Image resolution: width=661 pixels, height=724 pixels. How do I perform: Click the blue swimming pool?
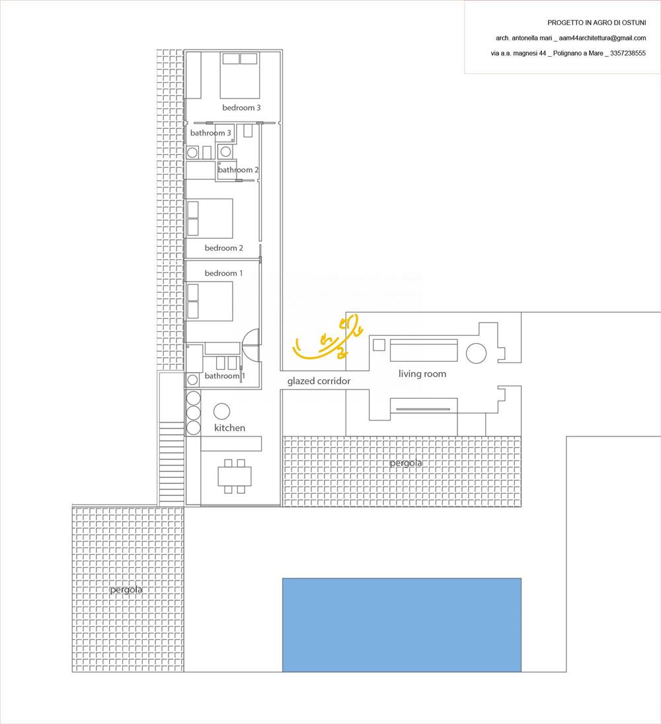402,625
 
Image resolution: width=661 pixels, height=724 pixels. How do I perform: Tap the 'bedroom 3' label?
241,108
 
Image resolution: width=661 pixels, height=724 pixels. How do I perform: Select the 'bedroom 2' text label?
224,248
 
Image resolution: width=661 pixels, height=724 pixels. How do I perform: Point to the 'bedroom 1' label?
224,273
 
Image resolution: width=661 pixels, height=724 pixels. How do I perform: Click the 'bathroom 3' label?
210,133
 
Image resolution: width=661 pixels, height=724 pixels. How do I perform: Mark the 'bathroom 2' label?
238,170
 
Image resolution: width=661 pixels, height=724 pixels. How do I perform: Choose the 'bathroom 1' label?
225,376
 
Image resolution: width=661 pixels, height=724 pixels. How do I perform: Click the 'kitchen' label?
229,428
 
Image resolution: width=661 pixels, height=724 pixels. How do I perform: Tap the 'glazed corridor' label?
319,381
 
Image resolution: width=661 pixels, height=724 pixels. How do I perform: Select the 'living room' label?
422,374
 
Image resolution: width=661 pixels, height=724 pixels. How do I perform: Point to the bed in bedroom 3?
240,75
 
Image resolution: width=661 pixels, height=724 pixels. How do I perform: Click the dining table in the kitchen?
235,476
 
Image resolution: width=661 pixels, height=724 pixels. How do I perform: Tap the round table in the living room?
476,354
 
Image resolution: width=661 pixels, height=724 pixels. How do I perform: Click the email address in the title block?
602,38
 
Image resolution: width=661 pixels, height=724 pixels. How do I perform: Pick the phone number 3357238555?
628,53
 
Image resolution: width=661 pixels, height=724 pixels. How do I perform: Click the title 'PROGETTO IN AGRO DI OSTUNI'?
597,22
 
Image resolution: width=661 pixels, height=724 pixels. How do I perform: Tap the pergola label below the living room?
405,463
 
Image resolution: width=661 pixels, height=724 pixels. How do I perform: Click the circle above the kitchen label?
221,411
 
